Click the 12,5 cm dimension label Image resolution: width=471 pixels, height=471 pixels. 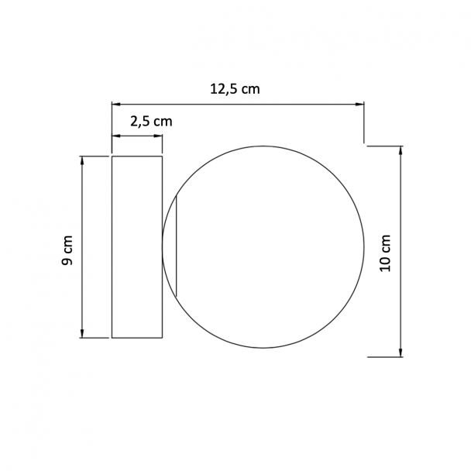[235, 90]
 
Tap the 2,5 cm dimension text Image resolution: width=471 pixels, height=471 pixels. [151, 122]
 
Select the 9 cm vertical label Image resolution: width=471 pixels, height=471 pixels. [67, 250]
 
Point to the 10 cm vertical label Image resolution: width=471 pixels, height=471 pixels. [385, 253]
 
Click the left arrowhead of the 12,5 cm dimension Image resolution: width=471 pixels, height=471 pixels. [116, 105]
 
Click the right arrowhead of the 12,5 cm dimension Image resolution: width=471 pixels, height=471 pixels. [359, 105]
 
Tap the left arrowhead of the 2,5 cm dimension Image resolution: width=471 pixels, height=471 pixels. [116, 136]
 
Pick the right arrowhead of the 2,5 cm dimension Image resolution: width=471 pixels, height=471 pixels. [158, 136]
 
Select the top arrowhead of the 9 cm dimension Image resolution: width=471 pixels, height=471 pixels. [82, 160]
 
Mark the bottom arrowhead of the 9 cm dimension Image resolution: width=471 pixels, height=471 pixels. [82, 333]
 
